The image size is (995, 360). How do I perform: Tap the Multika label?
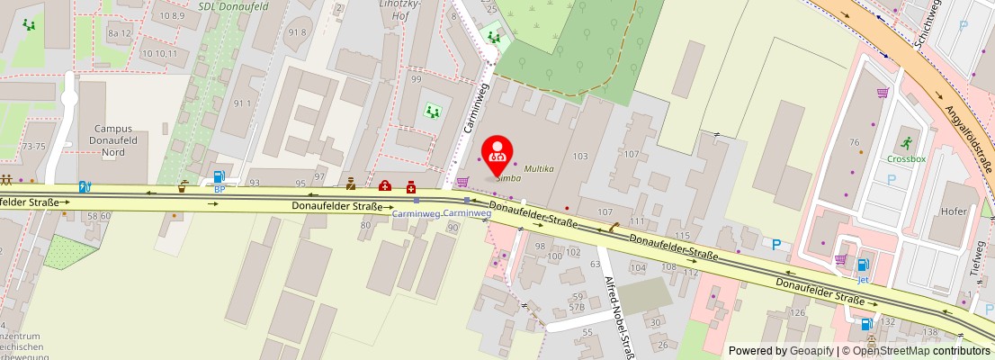coord(539,168)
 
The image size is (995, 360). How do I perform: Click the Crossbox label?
coord(905,159)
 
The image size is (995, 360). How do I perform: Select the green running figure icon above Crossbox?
coord(905,142)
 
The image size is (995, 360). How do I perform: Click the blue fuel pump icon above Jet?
coord(863,265)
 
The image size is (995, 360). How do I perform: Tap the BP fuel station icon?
coord(219,177)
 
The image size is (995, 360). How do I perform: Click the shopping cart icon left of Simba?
coord(462,182)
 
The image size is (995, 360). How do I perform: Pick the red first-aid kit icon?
coord(385,185)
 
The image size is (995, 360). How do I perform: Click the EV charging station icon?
coord(85,187)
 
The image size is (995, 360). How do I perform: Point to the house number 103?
coord(579,157)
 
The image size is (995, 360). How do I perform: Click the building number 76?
coord(854,142)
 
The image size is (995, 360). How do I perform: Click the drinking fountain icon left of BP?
coord(183,186)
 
